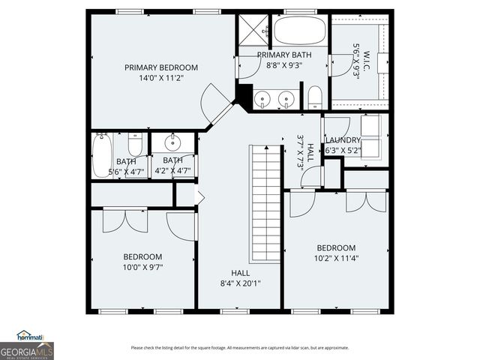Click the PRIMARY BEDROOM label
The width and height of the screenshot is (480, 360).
pos(161,67)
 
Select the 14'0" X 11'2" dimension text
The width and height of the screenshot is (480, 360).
pos(161,77)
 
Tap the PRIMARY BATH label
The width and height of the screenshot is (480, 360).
pos(283,55)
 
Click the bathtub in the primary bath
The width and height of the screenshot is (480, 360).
pos(299,31)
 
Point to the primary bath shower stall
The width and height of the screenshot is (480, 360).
pos(253,28)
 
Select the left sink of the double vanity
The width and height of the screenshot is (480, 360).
pos(263,99)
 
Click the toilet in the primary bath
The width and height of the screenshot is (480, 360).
pos(315,96)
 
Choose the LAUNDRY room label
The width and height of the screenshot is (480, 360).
pos(343,140)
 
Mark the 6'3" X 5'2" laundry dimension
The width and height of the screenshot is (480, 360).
pos(343,150)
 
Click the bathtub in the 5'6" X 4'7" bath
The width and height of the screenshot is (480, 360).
pos(101,154)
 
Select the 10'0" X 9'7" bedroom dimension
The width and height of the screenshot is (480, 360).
pos(142,266)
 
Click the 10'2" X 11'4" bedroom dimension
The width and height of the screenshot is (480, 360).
pos(335,258)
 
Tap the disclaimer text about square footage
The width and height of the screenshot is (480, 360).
pos(239,347)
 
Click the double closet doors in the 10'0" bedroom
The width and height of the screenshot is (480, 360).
pos(121,220)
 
